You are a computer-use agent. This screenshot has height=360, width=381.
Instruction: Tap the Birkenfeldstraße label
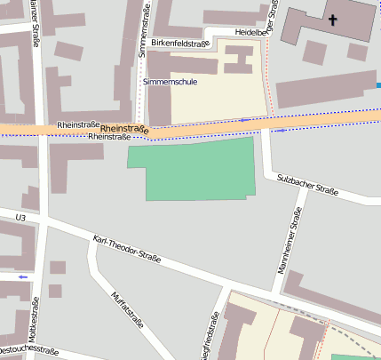click(x=179, y=43)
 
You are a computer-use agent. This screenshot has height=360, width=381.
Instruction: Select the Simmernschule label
click(x=170, y=82)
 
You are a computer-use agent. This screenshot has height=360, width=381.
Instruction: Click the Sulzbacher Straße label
click(x=308, y=184)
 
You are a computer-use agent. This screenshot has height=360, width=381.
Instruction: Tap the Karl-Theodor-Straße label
click(x=126, y=251)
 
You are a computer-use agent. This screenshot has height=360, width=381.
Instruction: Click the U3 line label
click(x=21, y=217)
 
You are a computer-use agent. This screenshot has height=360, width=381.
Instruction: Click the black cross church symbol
click(x=333, y=20)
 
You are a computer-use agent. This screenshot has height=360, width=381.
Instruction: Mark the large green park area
click(x=195, y=169)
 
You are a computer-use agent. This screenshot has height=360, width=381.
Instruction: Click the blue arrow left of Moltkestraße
click(x=22, y=276)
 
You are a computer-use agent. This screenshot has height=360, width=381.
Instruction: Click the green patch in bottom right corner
click(x=355, y=356)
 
